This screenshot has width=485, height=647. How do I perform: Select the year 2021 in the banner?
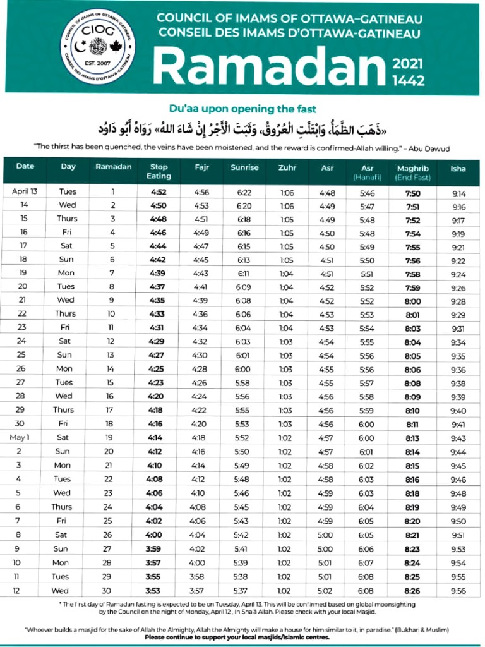(409, 64)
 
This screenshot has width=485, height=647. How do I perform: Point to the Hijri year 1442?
(409, 80)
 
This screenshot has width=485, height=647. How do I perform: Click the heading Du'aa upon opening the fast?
(242, 108)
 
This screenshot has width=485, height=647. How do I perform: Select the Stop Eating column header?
(159, 172)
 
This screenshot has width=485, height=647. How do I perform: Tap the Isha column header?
(458, 168)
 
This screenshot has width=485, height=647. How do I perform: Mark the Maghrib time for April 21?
(412, 301)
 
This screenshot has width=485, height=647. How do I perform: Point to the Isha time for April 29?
(458, 410)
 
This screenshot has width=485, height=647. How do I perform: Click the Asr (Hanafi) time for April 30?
(366, 424)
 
